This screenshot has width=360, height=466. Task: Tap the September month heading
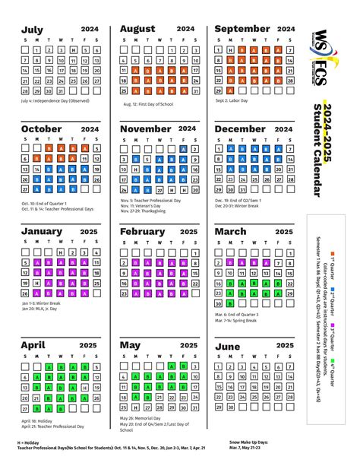pyautogui.click(x=242, y=29)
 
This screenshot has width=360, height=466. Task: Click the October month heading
pyautogui.click(x=43, y=129)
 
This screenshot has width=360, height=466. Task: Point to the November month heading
pyautogui.click(x=146, y=129)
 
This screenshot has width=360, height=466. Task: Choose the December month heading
pyautogui.click(x=240, y=129)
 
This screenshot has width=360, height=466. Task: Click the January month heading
pyautogui.click(x=43, y=231)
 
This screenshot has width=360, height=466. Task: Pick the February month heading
pyautogui.click(x=143, y=231)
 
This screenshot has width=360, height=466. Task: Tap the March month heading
pyautogui.click(x=231, y=231)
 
